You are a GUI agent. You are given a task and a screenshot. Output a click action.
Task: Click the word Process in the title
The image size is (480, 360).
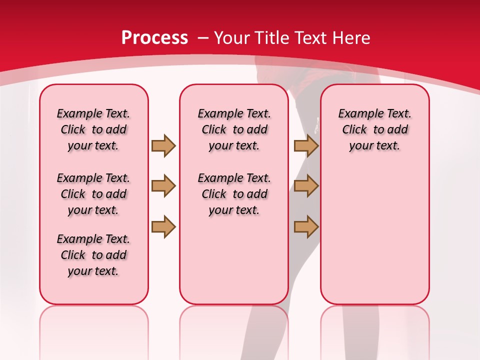click(x=154, y=37)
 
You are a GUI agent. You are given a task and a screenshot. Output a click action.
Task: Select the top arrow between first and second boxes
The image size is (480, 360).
click(x=163, y=145)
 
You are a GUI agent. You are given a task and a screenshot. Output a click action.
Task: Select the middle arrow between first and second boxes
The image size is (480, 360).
click(x=163, y=186)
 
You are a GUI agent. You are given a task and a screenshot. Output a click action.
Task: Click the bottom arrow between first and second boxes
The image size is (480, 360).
click(x=163, y=226)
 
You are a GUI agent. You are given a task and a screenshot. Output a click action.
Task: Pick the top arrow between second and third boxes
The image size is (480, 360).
click(x=306, y=145)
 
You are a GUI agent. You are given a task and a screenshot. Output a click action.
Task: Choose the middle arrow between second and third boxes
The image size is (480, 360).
click(x=306, y=186)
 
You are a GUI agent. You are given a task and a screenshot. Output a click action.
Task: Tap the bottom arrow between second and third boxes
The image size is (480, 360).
click(x=306, y=226)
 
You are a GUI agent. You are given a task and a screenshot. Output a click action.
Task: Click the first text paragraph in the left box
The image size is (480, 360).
click(x=93, y=129)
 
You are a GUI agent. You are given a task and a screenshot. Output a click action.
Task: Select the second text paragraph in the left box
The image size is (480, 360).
click(x=93, y=194)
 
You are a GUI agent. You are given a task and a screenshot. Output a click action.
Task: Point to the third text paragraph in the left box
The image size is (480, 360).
click(x=93, y=255)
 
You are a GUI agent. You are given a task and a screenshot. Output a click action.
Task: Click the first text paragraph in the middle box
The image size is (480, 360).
click(x=234, y=129)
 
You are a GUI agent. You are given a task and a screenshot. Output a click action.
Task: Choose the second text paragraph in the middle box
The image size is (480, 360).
click(x=234, y=194)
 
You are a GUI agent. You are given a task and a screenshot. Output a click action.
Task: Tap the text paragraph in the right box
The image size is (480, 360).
click(x=374, y=129)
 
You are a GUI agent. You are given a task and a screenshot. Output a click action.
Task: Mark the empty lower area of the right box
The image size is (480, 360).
click(x=374, y=235)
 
